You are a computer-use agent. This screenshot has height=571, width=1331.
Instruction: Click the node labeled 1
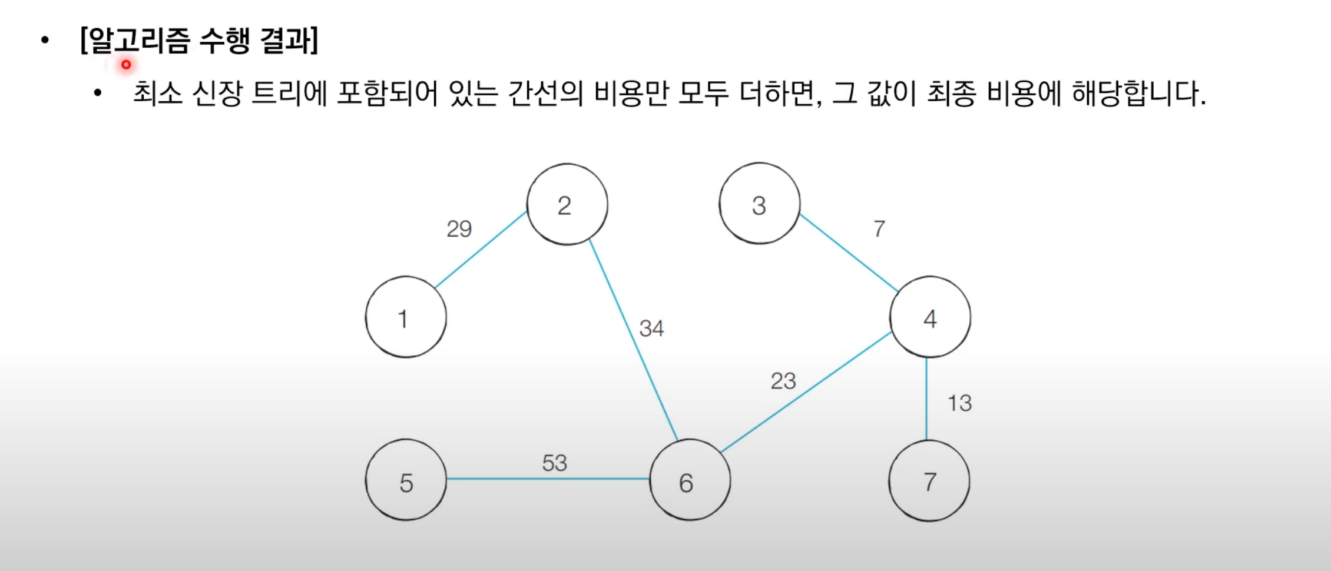click(406, 317)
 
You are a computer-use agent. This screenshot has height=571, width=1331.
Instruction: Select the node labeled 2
click(567, 204)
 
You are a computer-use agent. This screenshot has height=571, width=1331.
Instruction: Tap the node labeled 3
click(760, 204)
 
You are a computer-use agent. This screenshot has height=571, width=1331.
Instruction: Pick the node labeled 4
click(930, 317)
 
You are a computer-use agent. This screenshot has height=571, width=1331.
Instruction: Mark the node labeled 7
click(929, 481)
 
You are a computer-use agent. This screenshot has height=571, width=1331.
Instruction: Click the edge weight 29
click(459, 228)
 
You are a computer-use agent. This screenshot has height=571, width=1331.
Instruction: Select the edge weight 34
click(651, 328)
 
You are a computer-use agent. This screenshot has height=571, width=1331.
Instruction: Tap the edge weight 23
click(783, 381)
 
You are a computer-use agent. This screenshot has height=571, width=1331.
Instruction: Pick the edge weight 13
click(959, 403)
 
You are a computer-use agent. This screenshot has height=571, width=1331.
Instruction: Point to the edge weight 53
click(554, 463)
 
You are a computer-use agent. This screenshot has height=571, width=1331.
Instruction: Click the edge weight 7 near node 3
click(879, 228)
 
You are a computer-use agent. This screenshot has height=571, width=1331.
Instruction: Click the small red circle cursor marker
click(126, 65)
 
